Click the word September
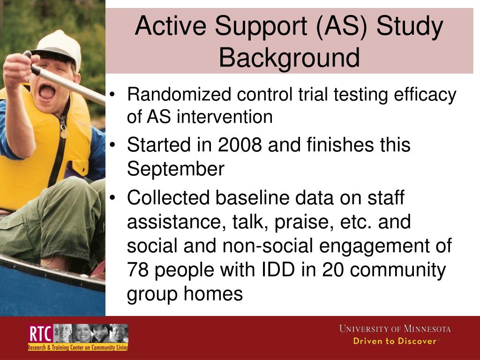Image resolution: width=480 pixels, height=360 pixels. (x=176, y=169)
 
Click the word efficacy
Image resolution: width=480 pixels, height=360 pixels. (x=427, y=95)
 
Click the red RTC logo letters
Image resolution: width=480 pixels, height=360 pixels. (x=39, y=334)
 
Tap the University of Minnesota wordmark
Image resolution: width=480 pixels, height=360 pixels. (x=395, y=329)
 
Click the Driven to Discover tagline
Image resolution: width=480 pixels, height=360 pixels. (x=395, y=341)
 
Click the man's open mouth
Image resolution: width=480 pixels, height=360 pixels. (x=46, y=90)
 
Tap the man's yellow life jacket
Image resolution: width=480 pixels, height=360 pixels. (x=28, y=155)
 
